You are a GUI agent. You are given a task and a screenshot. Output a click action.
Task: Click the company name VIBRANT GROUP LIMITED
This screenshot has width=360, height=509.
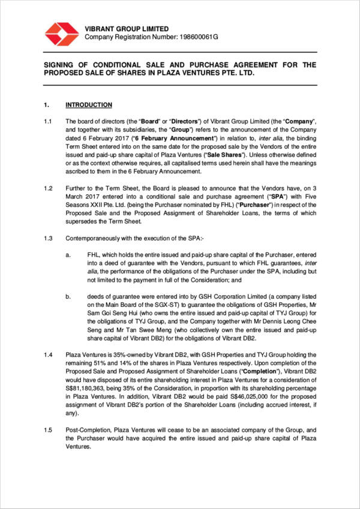(x=127, y=29)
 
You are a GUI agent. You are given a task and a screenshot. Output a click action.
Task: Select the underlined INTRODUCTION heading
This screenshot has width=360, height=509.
(x=89, y=105)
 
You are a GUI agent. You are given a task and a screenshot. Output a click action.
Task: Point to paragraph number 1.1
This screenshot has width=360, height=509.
(x=47, y=121)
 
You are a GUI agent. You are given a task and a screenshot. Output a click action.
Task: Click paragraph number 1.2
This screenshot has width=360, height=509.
(x=47, y=188)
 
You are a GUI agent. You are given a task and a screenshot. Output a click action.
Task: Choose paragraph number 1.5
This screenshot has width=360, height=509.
(x=47, y=430)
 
